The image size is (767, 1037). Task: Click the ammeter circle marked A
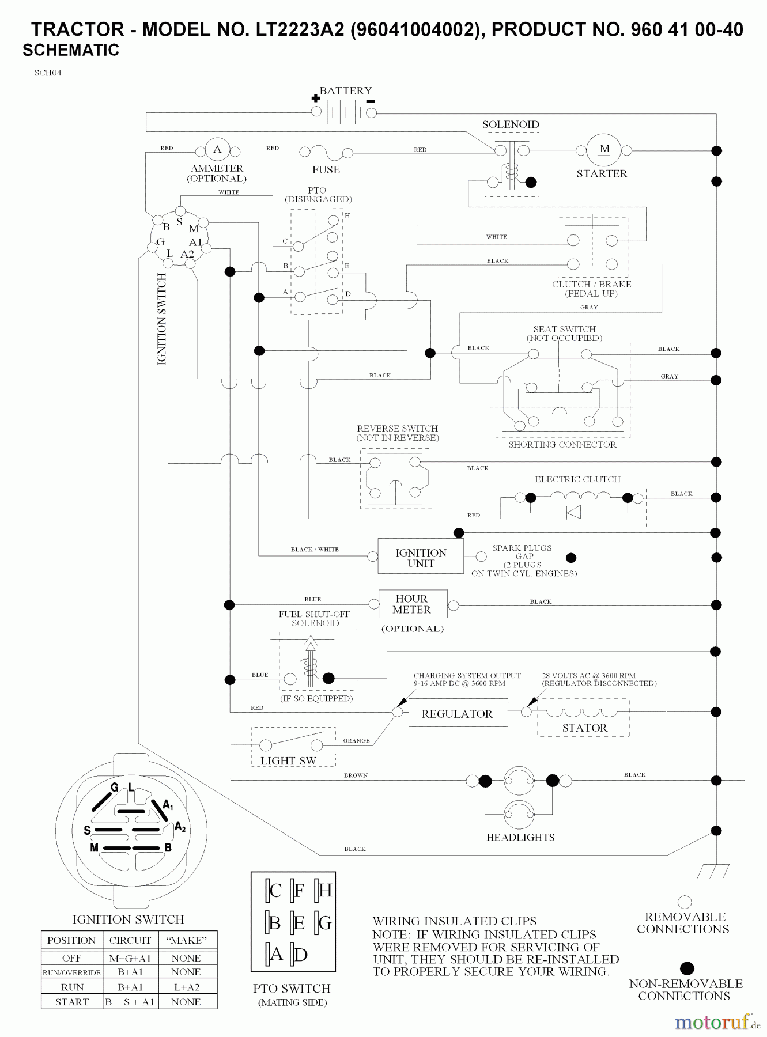[217, 150]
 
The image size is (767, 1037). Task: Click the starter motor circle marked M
[604, 150]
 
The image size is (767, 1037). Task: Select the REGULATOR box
[458, 714]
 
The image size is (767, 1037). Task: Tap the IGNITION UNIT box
[421, 557]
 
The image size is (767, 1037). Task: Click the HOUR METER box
[411, 604]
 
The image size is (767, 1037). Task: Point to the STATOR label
[584, 728]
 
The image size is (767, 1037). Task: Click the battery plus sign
[315, 98]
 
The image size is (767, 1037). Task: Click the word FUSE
[326, 169]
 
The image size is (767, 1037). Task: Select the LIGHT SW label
[288, 760]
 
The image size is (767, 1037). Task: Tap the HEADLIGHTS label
[520, 837]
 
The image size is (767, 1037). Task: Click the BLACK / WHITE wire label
[315, 549]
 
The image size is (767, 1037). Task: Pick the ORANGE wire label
[356, 741]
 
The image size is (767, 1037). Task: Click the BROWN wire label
[356, 775]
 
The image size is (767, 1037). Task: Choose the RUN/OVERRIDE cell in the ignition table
[71, 972]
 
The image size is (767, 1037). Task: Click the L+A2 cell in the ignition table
[186, 987]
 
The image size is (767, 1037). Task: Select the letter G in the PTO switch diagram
[324, 924]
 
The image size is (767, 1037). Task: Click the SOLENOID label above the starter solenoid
[511, 124]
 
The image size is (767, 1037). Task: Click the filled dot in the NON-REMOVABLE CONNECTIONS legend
[687, 968]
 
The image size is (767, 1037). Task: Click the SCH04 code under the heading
[48, 73]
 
